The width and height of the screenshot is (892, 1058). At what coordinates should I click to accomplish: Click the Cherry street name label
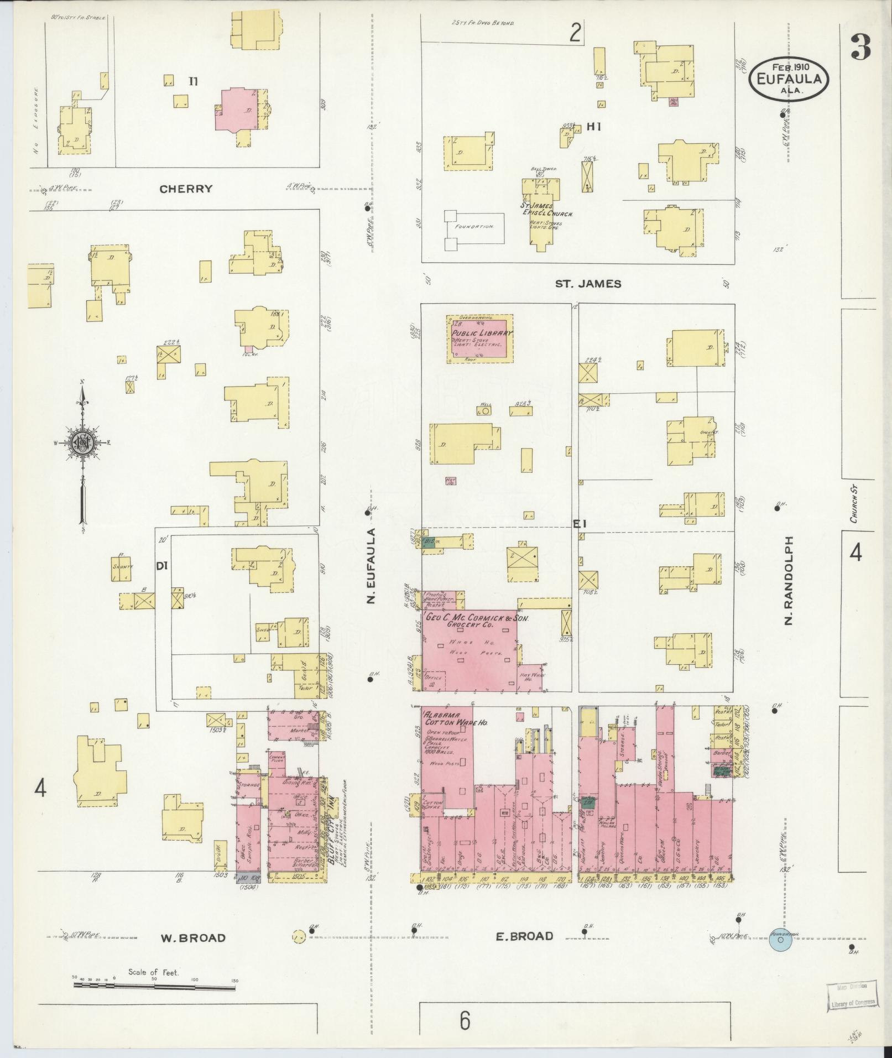(186, 189)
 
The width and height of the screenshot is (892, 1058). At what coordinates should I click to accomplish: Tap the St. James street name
(588, 284)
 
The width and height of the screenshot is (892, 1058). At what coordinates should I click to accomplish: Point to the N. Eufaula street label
(372, 566)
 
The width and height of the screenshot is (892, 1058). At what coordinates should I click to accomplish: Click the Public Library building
(480, 339)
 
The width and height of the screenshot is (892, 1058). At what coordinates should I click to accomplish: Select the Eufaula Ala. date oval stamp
(789, 79)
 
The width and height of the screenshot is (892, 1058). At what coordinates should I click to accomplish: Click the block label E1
(579, 523)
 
